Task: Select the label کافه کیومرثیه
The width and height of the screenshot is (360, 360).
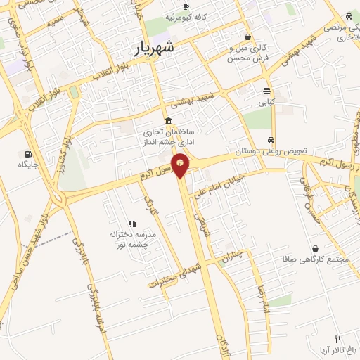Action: tap(186, 16)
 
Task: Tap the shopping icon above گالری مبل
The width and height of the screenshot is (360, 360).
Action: tap(247, 37)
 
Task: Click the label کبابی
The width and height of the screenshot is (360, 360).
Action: tap(266, 103)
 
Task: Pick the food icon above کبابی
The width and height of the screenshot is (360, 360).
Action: tap(266, 91)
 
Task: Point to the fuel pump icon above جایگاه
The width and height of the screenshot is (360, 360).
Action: tap(27, 154)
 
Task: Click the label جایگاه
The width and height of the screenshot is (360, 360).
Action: tap(27, 165)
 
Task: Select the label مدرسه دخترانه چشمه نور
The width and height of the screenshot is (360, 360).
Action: tap(133, 238)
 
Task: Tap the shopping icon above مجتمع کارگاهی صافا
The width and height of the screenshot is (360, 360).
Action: tap(314, 248)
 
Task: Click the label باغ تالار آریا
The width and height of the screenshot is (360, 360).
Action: tap(337, 349)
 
